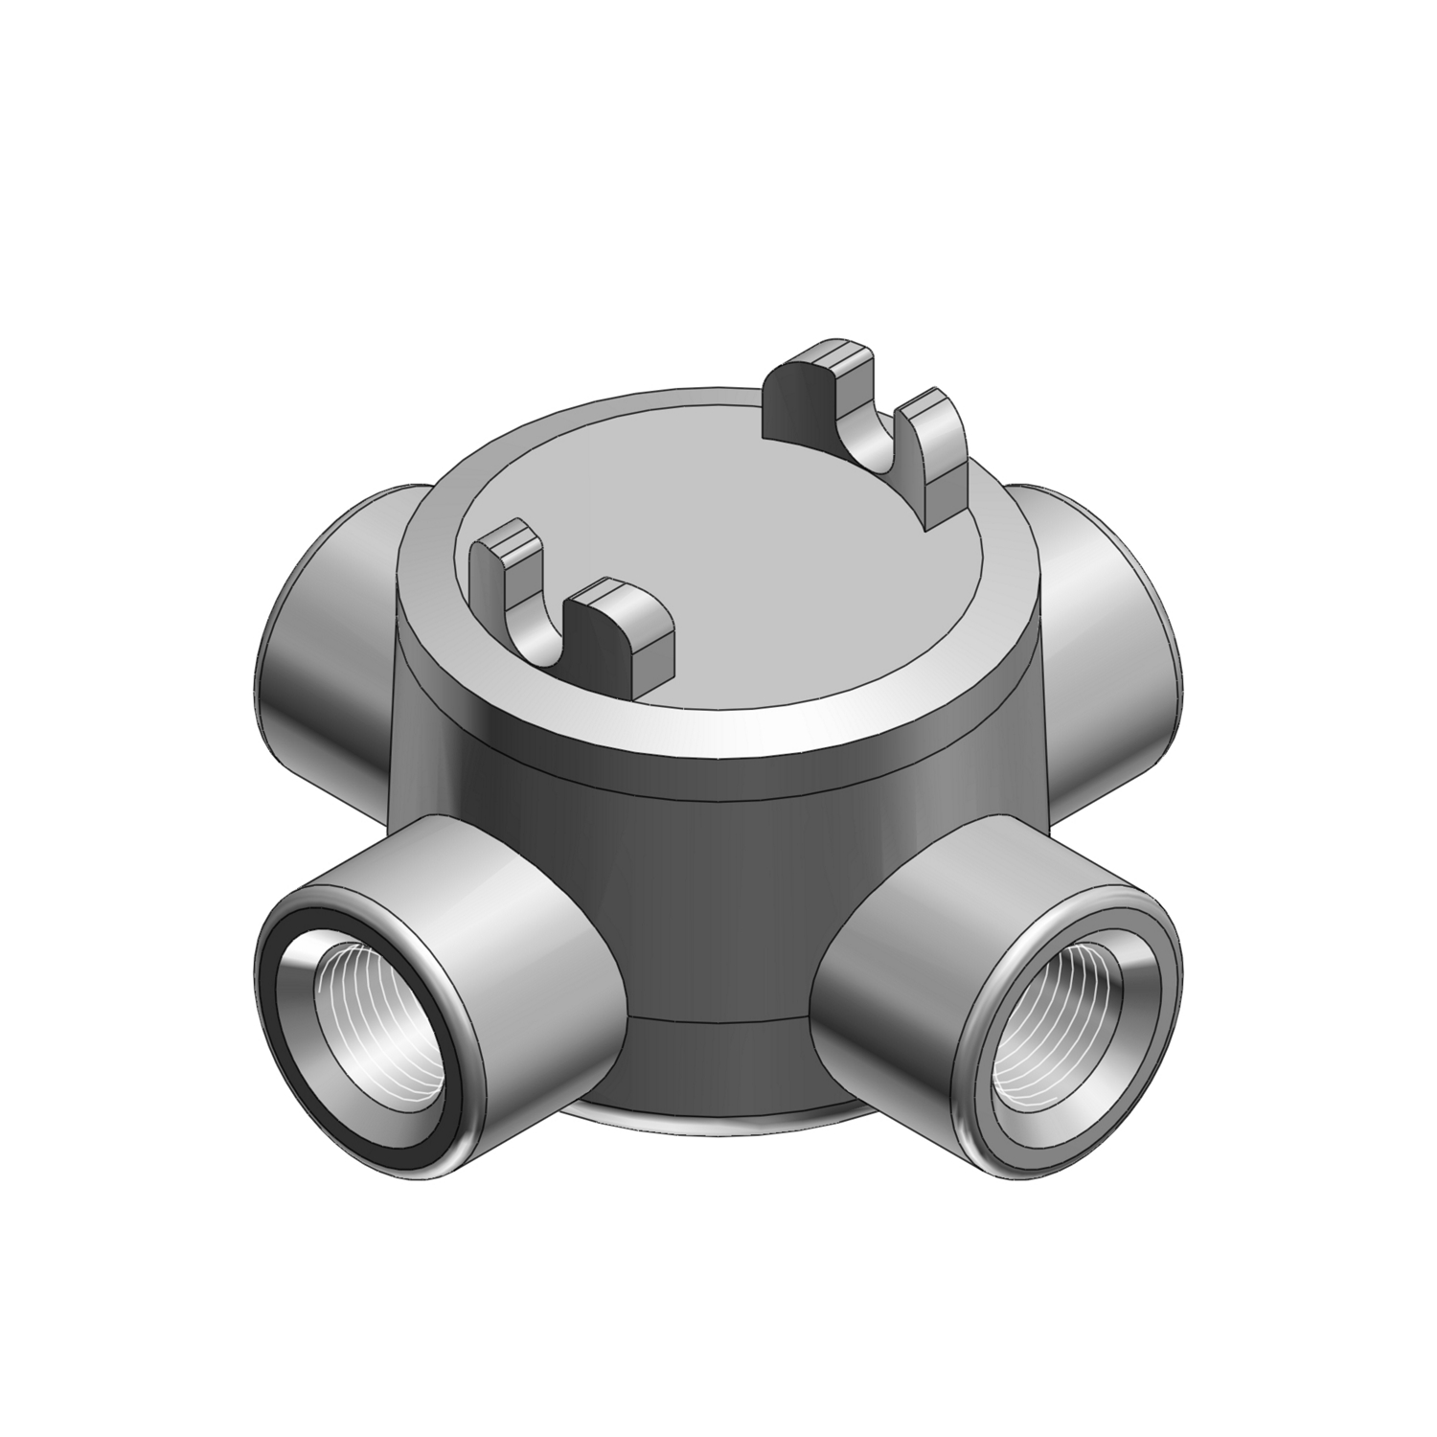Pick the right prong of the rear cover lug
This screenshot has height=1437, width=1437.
(934, 450)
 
